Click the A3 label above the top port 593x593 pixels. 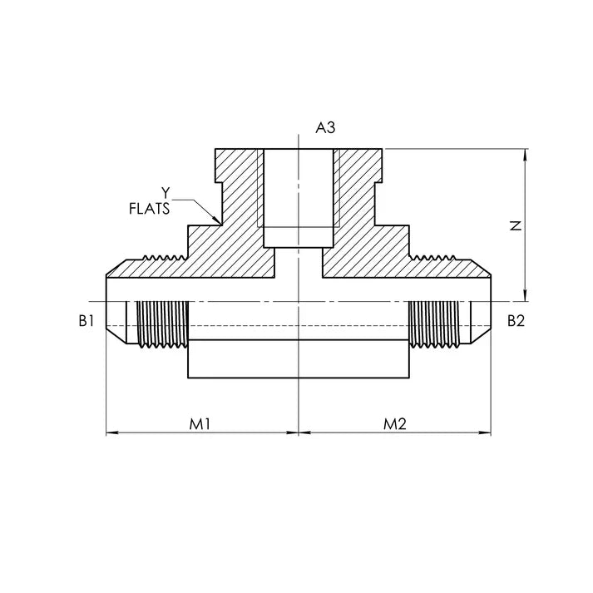click(x=325, y=127)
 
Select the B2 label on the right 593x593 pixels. click(x=516, y=321)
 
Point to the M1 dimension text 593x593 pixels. click(x=198, y=423)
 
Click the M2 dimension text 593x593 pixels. click(x=394, y=423)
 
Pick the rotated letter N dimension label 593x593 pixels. click(x=515, y=225)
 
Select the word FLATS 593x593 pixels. click(x=151, y=209)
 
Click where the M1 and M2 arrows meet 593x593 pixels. click(x=298, y=433)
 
